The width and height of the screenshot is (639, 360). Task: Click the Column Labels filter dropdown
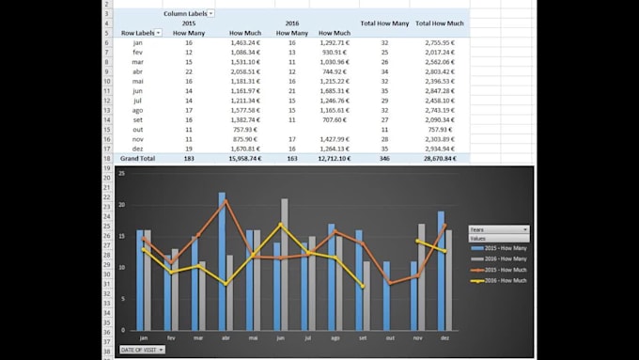211,14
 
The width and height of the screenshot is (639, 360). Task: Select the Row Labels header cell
141,32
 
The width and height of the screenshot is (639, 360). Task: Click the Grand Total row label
138,159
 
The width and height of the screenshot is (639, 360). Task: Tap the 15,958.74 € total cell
246,159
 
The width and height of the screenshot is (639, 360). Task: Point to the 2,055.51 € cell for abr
246,71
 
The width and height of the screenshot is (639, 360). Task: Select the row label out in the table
138,130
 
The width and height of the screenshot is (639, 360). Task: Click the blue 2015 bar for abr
222,260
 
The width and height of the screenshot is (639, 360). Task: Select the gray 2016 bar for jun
285,263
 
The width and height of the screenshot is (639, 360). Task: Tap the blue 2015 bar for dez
441,270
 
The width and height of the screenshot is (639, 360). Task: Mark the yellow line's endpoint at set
364,287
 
